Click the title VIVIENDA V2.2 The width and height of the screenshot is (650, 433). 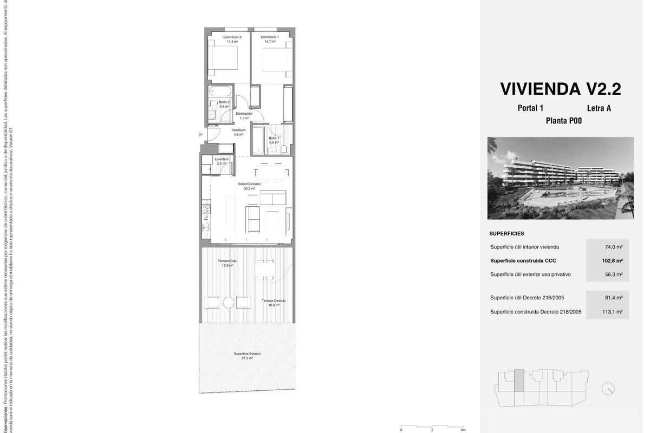560,89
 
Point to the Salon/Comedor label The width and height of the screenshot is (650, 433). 250,184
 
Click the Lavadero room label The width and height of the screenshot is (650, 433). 221,159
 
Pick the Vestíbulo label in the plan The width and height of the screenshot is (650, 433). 239,130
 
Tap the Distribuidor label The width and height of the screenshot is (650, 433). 244,114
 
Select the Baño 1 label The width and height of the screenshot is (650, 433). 274,138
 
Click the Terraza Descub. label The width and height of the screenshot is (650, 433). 274,301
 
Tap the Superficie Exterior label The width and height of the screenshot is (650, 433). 247,354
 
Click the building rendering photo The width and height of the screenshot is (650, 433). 560,178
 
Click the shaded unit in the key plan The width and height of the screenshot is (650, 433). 519,380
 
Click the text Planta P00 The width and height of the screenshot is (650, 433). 563,121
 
